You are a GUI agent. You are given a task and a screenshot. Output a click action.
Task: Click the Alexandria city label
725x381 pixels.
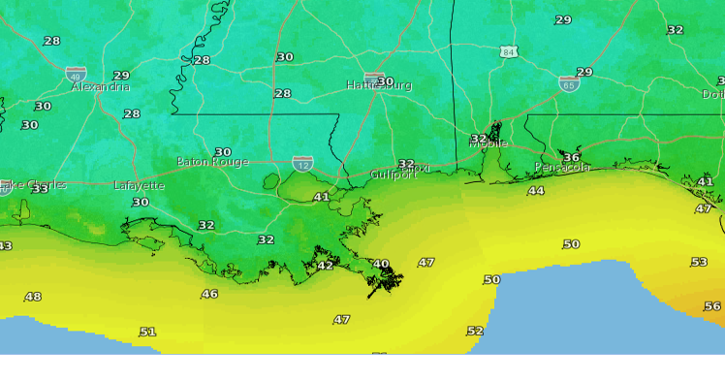tap(100, 86)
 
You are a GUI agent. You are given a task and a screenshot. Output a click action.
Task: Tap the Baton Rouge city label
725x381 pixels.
tap(212, 162)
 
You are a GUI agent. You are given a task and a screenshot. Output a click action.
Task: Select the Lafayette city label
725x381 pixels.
tap(139, 185)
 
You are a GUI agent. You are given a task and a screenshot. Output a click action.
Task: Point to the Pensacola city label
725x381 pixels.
tap(562, 168)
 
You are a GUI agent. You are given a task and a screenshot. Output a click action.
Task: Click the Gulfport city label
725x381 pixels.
tap(394, 175)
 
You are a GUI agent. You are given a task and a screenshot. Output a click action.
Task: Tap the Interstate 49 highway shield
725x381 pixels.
tap(76, 74)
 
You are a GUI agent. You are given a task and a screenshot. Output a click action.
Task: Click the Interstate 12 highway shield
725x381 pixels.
tap(303, 164)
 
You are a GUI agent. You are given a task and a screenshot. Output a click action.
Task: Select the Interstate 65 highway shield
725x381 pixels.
tap(568, 83)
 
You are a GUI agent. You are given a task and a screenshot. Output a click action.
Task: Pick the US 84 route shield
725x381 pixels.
tap(509, 51)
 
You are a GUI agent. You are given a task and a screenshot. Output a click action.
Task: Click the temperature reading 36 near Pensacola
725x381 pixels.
tap(571, 157)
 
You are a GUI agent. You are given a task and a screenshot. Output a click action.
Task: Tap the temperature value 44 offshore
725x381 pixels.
tap(536, 191)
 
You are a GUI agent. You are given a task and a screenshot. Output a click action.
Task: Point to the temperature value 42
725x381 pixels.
tap(326, 266)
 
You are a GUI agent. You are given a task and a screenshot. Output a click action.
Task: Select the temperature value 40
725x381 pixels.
tap(381, 264)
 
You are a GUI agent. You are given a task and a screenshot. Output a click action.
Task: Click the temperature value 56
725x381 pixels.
tap(712, 306)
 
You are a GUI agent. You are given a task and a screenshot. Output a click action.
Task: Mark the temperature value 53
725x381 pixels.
tap(699, 263)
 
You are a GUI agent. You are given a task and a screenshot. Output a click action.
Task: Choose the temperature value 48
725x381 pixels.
tap(33, 297)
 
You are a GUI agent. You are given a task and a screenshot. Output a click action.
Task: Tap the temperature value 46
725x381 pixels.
tap(209, 294)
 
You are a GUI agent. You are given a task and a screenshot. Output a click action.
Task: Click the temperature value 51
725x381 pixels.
tap(147, 332)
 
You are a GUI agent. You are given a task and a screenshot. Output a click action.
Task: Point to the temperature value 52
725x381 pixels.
tap(475, 331)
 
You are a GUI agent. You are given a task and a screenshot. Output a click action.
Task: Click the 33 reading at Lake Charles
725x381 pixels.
tap(40, 189)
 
